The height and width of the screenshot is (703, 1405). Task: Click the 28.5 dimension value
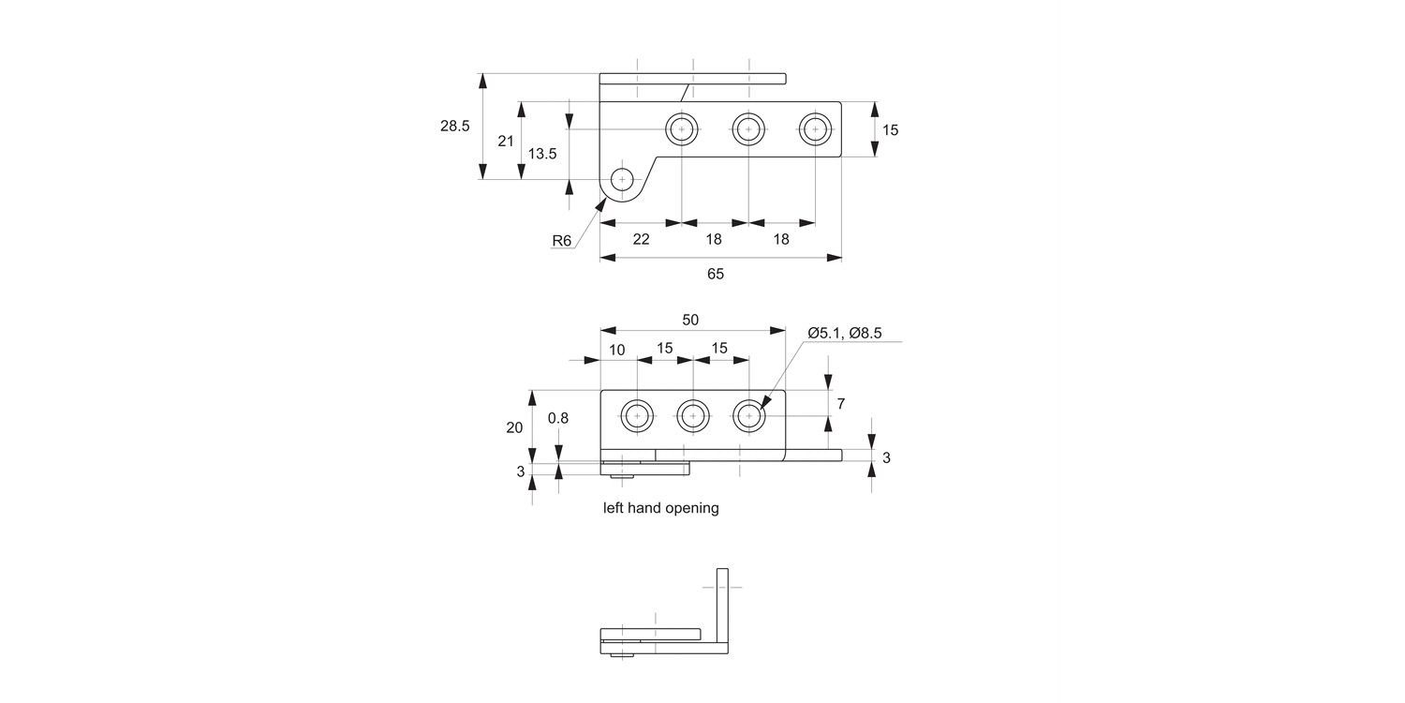[455, 126]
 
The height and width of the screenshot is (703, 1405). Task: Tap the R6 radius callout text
[561, 241]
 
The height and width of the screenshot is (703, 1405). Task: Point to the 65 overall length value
[716, 274]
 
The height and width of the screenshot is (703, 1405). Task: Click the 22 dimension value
[641, 239]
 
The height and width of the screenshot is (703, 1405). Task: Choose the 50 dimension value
[690, 320]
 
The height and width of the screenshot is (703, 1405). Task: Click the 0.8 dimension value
[558, 418]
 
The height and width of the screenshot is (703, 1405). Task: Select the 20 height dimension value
[514, 427]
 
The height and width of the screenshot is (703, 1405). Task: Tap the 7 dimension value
[841, 404]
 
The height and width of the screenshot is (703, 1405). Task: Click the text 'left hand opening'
[661, 508]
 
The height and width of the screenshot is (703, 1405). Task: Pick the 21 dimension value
[506, 141]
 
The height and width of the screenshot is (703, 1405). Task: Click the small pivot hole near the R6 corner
[622, 179]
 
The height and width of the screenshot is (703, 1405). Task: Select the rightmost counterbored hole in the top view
[815, 128]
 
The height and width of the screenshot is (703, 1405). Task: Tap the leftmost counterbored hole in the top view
[682, 128]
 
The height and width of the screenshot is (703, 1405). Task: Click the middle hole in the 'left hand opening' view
[693, 415]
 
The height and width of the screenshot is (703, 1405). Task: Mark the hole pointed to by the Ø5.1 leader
[748, 415]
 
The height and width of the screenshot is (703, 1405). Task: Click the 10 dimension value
[617, 350]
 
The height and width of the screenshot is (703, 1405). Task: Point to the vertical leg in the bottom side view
[722, 605]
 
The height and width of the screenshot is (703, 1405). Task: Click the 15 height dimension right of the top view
[890, 130]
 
